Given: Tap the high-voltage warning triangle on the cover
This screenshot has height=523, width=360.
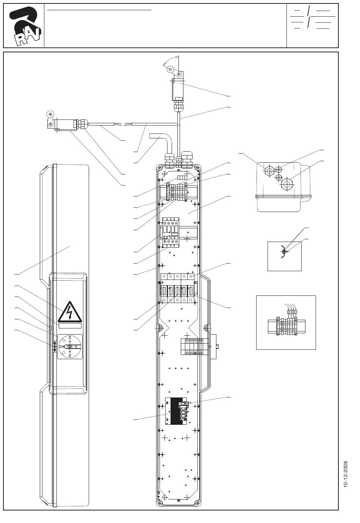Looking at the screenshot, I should tap(70, 312).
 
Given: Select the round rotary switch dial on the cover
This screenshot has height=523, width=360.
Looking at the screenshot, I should tap(70, 346).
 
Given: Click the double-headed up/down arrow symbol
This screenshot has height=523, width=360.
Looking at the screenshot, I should tap(54, 346).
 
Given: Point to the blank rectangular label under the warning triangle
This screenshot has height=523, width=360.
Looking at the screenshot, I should tap(70, 325).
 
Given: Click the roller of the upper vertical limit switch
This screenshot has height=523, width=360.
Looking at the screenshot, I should tap(171, 70).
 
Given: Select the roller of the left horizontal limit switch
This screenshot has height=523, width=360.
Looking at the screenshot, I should tap(50, 113).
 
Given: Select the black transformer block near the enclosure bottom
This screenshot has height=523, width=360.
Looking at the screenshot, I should tap(176, 411).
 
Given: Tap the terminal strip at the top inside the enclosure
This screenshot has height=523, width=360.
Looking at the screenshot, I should tap(177, 192).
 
